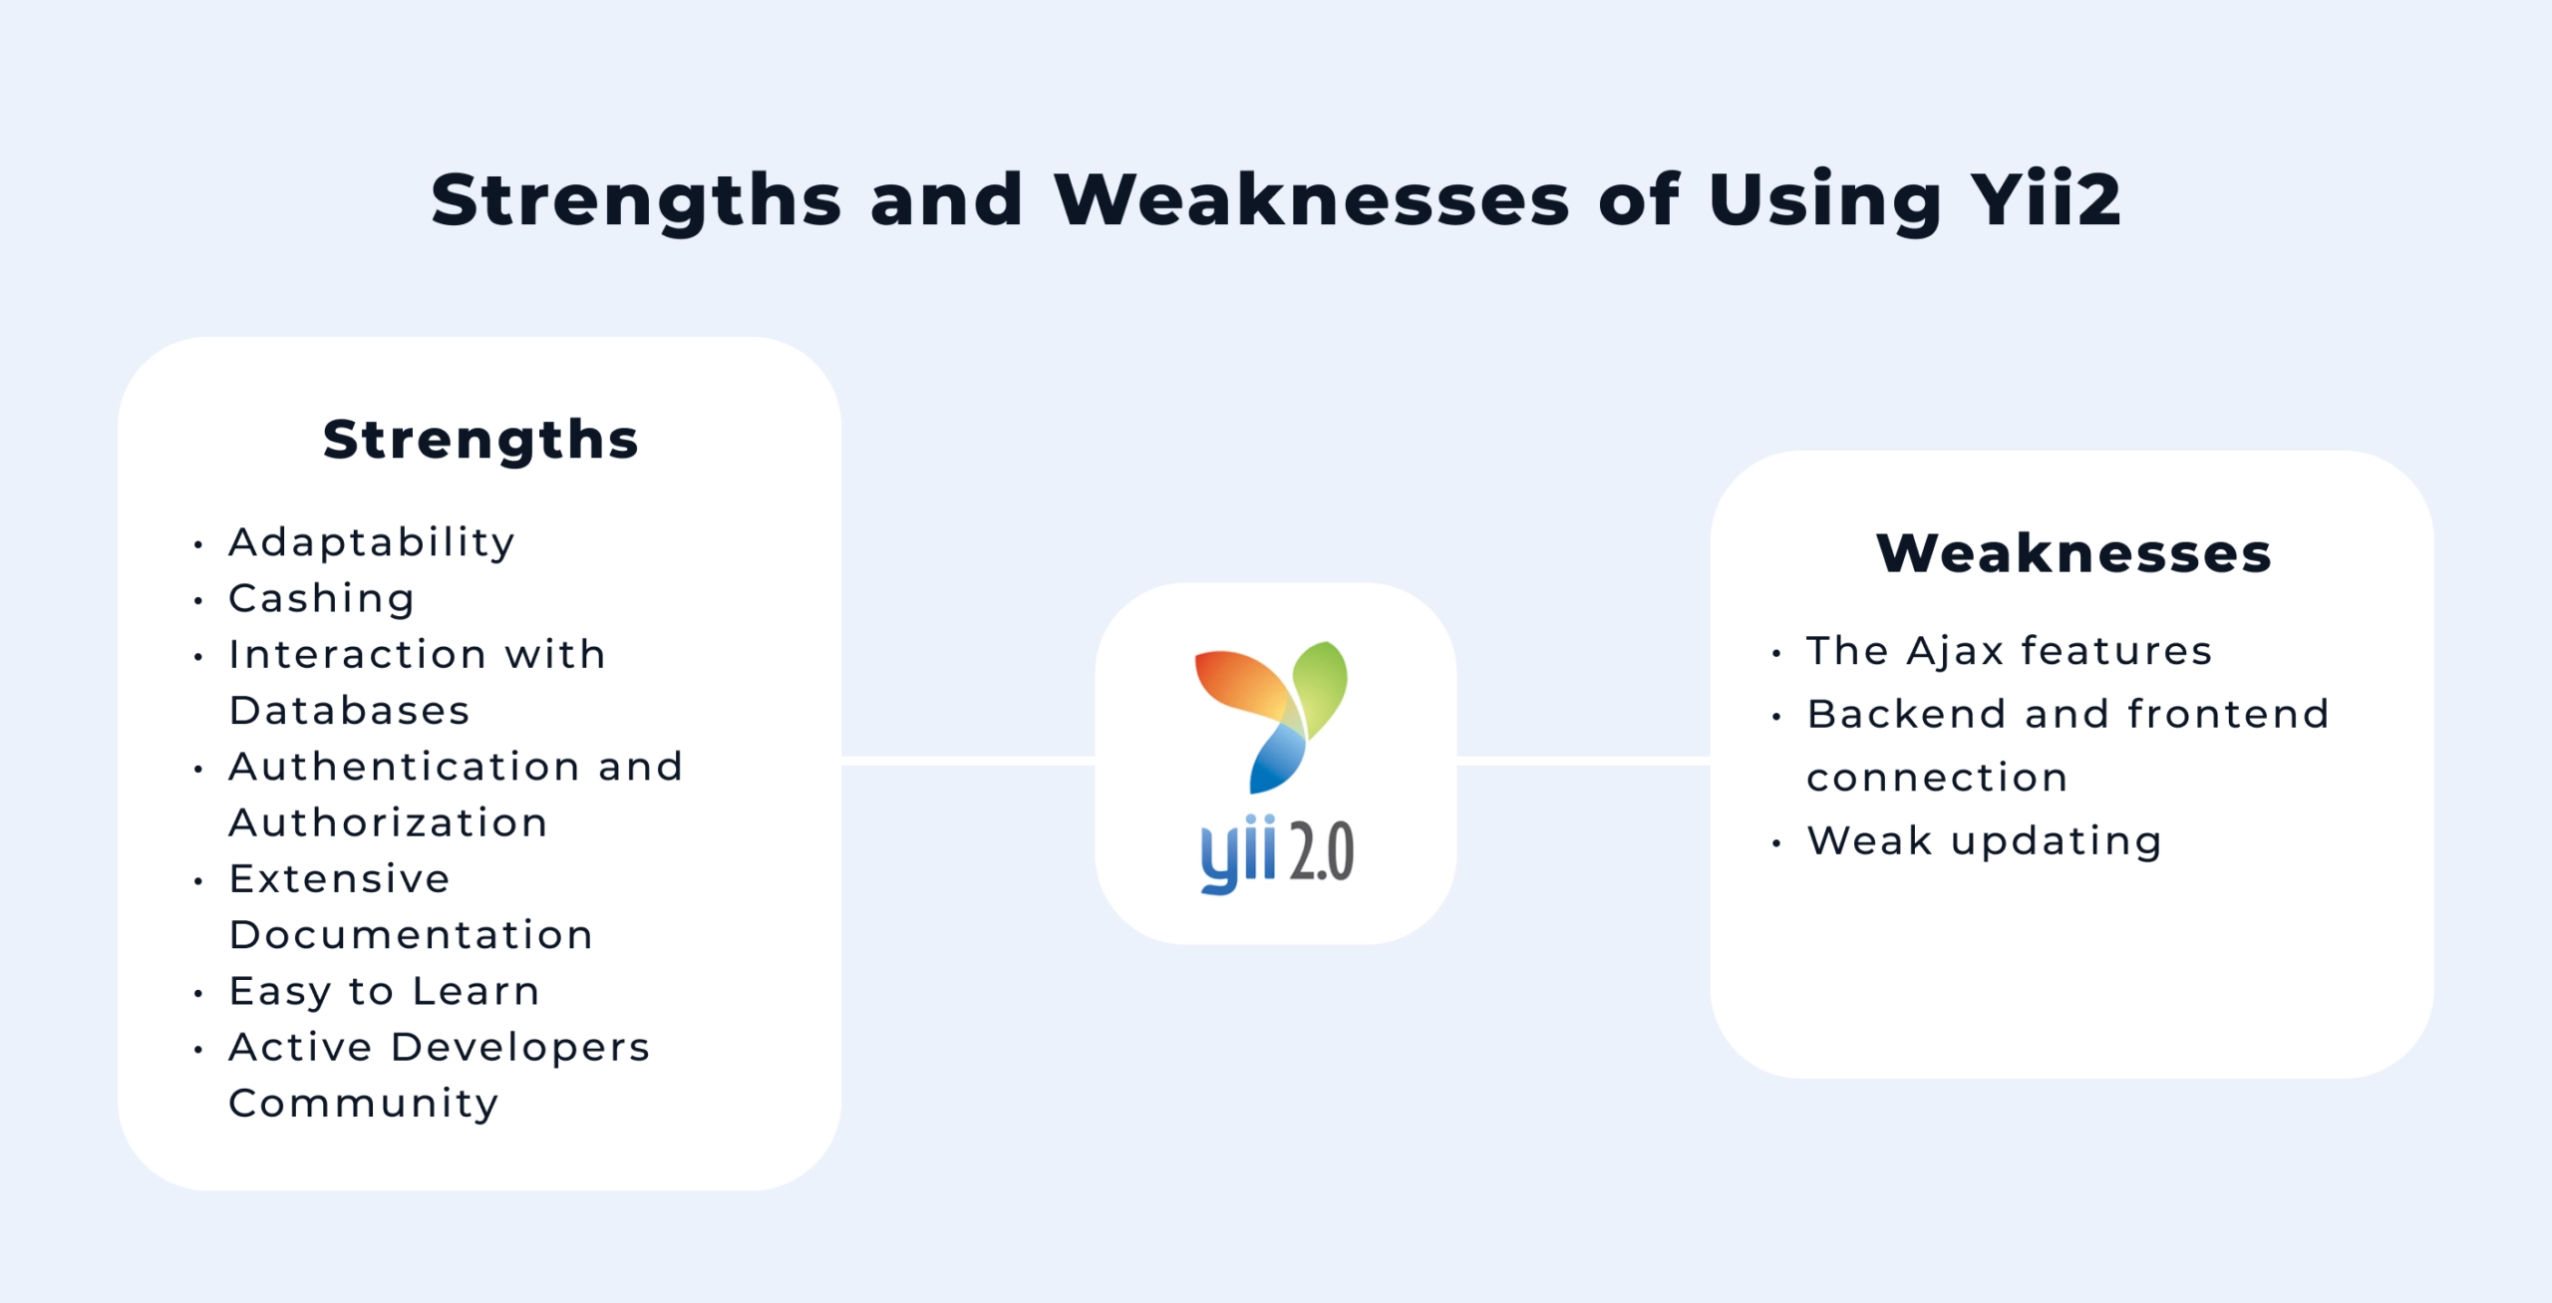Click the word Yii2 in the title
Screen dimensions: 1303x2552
pyautogui.click(x=2045, y=200)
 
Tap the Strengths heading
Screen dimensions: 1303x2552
pyautogui.click(x=480, y=440)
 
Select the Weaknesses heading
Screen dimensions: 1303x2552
pyautogui.click(x=2073, y=553)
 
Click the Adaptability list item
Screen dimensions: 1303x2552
pyautogui.click(x=372, y=542)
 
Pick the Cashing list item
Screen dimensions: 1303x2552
pyautogui.click(x=321, y=598)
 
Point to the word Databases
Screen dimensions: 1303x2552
pyautogui.click(x=349, y=711)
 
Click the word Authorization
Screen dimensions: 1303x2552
pyautogui.click(x=389, y=822)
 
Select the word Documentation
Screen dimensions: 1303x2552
pyautogui.click(x=411, y=935)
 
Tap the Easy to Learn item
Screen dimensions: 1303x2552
pyautogui.click(x=385, y=991)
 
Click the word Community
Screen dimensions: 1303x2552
pyautogui.click(x=364, y=1103)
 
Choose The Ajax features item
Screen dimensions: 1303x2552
pyautogui.click(x=2009, y=651)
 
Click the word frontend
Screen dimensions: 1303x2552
pyautogui.click(x=2228, y=714)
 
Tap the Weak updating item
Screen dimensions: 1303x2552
pyautogui.click(x=1984, y=840)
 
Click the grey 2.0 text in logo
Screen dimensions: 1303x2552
pyautogui.click(x=1321, y=852)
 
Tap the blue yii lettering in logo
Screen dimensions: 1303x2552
pyautogui.click(x=1237, y=854)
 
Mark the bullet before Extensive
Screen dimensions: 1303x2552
pyautogui.click(x=198, y=881)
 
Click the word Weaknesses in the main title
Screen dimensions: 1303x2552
pyautogui.click(x=1311, y=200)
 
